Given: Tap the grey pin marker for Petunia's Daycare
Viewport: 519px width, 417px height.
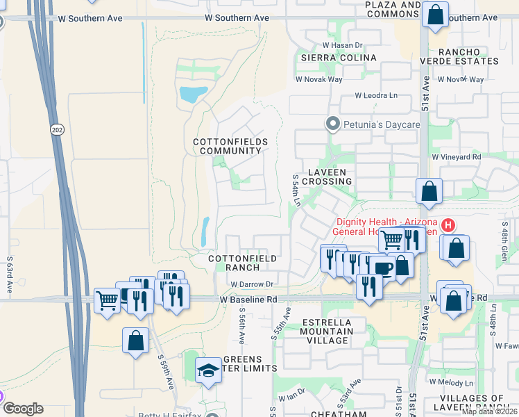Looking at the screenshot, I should coord(332,124).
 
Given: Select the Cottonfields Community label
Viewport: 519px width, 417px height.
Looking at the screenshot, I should coord(230,146).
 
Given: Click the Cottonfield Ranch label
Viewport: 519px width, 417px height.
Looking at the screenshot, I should coord(243,263).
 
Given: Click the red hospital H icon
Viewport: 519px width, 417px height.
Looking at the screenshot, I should coord(448,225).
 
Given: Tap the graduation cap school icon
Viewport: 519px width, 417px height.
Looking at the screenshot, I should coord(207,371).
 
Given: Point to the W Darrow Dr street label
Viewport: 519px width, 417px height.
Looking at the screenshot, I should coord(252,284).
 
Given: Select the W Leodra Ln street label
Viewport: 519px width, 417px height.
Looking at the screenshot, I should coord(377,95).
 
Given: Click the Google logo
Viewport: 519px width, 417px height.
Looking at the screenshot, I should coord(23,409).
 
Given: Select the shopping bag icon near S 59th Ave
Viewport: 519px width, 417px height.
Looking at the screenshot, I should coord(135,341).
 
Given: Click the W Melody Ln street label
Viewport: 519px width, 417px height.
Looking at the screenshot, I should coord(451,382).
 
